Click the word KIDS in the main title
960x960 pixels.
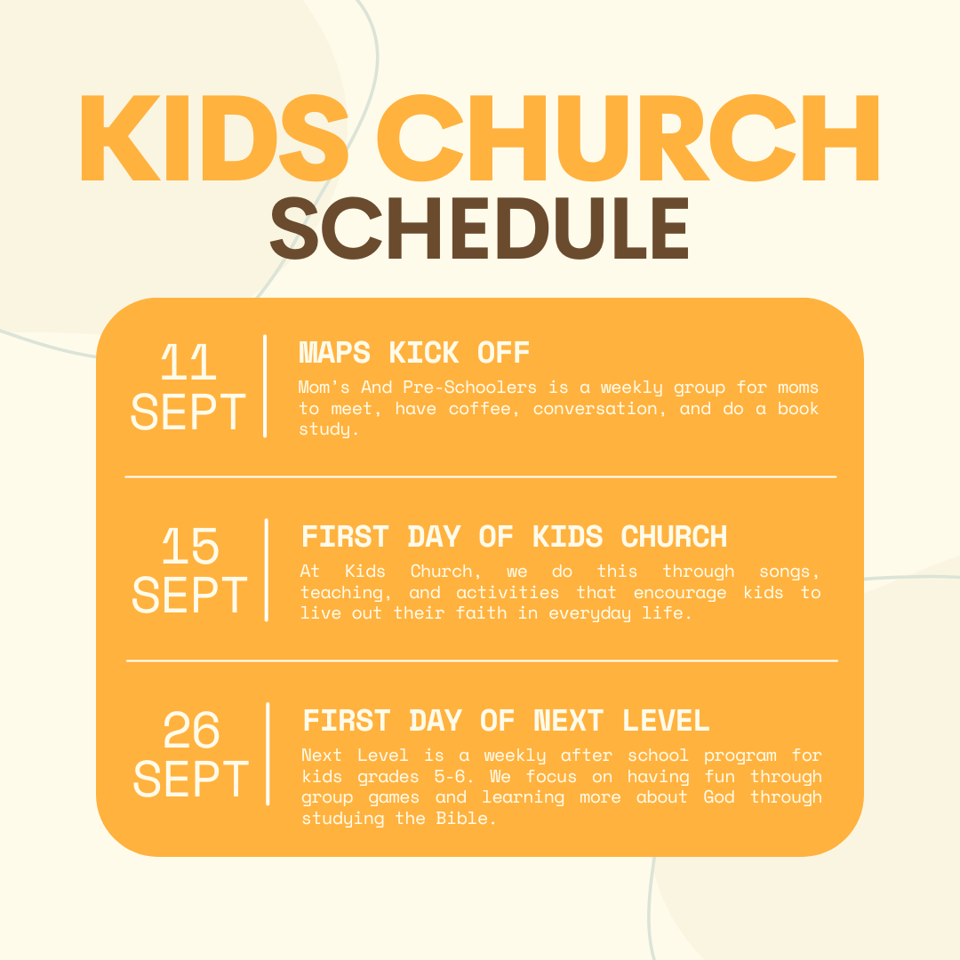[x=214, y=138]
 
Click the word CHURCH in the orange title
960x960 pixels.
[x=628, y=138]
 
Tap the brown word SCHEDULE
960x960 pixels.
[x=479, y=228]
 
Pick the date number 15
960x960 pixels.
[x=190, y=546]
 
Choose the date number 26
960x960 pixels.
[x=191, y=730]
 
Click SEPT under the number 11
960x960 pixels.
[x=188, y=412]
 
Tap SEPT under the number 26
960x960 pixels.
[x=191, y=779]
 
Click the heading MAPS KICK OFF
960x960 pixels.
[x=414, y=353]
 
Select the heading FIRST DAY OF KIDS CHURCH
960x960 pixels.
[x=515, y=537]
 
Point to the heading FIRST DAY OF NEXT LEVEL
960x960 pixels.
[x=507, y=721]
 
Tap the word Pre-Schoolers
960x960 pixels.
[x=469, y=387]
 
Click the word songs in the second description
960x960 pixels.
[x=788, y=572]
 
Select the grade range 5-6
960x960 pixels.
[x=453, y=776]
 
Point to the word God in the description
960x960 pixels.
[x=719, y=796]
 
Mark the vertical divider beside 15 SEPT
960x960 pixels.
[x=267, y=570]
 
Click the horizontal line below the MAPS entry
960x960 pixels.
[x=481, y=476]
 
